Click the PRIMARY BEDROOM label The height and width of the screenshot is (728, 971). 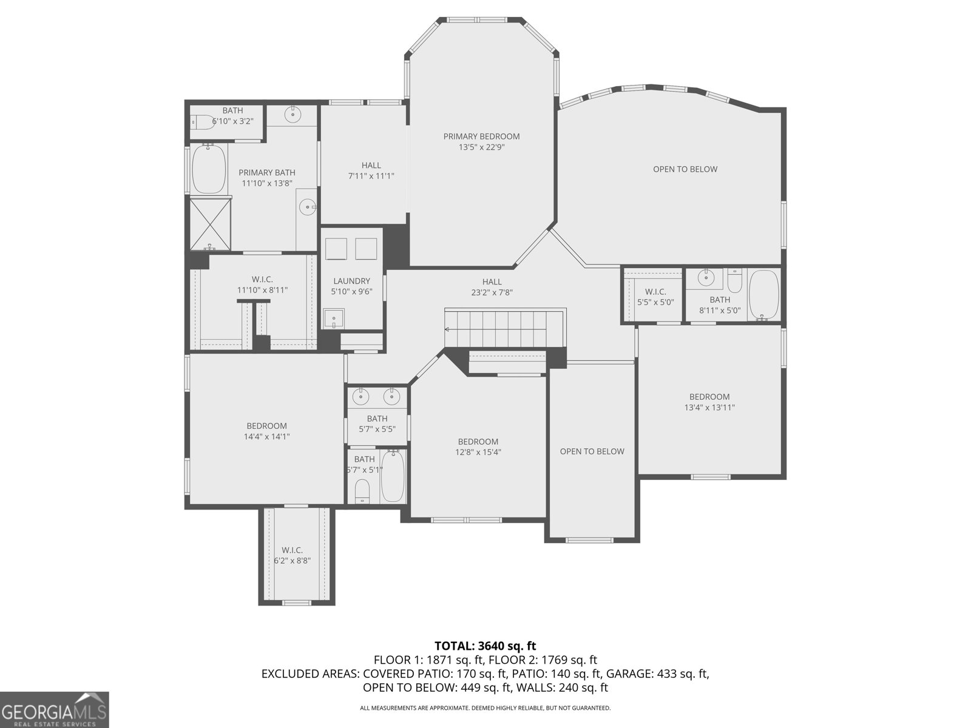tap(481, 136)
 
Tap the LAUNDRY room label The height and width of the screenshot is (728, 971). tap(351, 281)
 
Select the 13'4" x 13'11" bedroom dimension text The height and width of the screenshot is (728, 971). tap(709, 408)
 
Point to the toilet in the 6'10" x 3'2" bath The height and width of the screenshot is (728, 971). tap(203, 122)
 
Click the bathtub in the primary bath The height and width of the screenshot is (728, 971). tap(209, 169)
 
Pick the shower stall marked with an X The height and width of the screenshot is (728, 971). tap(210, 225)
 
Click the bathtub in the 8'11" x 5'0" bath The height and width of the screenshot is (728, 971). tap(765, 295)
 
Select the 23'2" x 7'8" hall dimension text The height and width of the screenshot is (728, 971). tap(492, 292)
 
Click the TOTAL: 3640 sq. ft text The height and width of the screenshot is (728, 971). tap(486, 646)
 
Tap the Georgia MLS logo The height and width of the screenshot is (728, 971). tap(54, 710)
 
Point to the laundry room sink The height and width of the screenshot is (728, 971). tap(334, 318)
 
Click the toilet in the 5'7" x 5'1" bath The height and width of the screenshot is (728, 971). tap(362, 491)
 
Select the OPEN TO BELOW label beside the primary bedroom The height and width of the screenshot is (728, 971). tap(685, 169)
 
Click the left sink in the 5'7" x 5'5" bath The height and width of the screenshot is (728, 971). tap(362, 397)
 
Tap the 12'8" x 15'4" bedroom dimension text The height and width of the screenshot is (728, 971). tap(478, 452)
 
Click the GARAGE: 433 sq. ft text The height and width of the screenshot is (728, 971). tap(657, 673)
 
